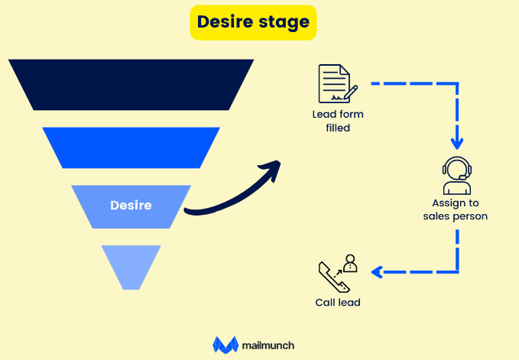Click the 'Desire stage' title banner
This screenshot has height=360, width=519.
click(252, 21)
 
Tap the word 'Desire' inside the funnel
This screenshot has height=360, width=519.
click(131, 206)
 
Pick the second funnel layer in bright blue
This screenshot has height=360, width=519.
click(131, 148)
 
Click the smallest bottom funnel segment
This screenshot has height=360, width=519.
click(131, 264)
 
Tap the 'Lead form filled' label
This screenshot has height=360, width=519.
click(337, 121)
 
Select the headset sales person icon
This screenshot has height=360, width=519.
click(456, 176)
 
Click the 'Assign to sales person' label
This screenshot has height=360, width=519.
click(456, 210)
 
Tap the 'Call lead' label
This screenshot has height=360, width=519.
click(337, 303)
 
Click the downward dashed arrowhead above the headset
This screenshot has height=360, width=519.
click(457, 143)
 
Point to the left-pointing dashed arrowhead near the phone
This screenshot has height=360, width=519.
click(376, 271)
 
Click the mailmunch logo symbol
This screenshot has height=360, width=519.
click(225, 345)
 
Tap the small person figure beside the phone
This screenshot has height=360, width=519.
click(350, 264)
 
